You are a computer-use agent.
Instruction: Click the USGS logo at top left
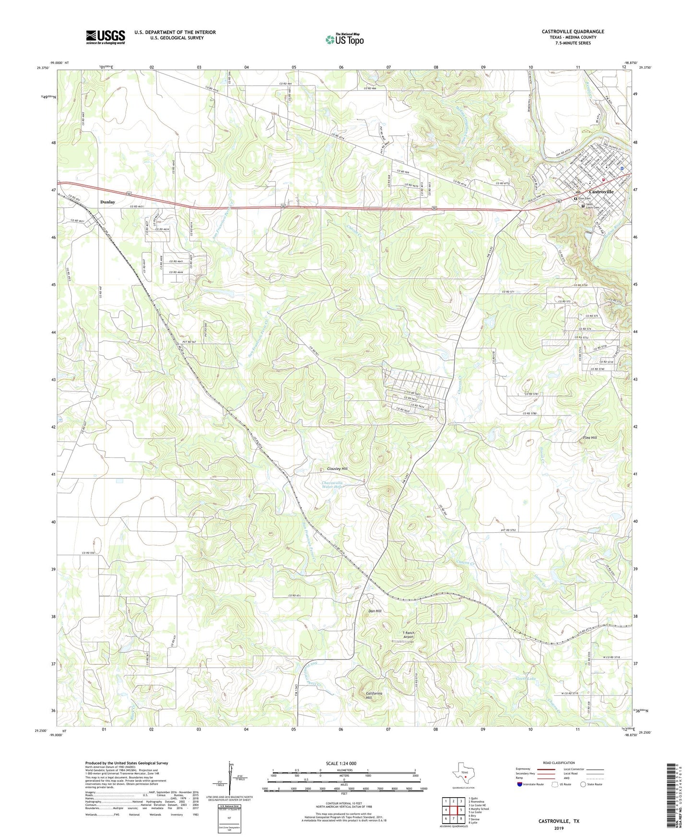[x=105, y=37]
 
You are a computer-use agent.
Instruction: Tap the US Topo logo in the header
[x=344, y=39]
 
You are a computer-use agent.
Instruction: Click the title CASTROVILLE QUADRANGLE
[x=573, y=32]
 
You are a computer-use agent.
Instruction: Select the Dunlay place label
[x=107, y=202]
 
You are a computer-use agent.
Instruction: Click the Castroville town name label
[x=601, y=192]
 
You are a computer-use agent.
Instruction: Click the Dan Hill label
[x=375, y=611]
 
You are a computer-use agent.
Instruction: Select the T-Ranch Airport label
[x=408, y=635]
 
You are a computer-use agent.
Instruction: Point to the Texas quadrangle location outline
[x=464, y=774]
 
